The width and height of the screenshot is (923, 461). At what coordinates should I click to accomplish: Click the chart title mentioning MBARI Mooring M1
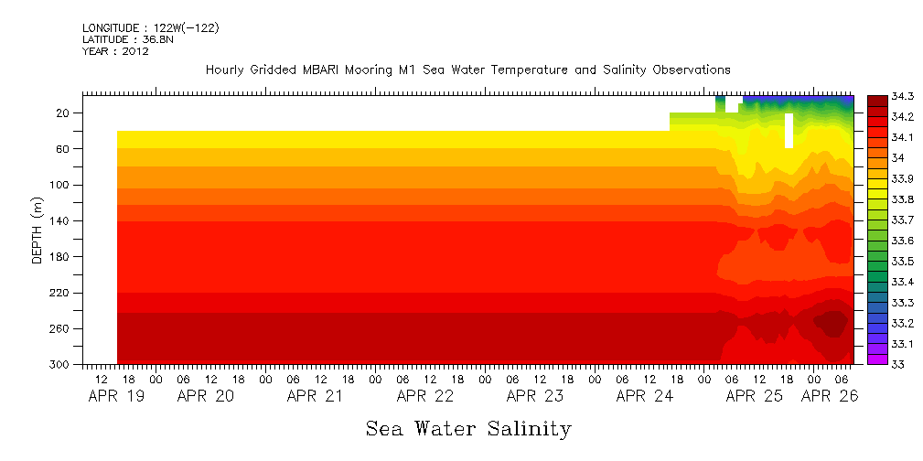(x=467, y=70)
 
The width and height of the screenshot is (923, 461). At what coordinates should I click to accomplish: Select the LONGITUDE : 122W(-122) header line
(x=150, y=28)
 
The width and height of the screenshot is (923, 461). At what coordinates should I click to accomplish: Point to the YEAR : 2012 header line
(x=115, y=51)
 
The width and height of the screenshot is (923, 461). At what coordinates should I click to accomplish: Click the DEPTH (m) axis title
(x=38, y=230)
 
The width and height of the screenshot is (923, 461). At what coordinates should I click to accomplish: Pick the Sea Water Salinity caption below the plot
(x=468, y=428)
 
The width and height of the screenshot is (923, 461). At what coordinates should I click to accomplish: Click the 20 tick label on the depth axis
(x=64, y=113)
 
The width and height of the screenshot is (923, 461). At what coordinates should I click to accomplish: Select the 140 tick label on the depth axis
(x=61, y=221)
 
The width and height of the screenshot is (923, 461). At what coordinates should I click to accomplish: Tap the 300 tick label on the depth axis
(x=61, y=365)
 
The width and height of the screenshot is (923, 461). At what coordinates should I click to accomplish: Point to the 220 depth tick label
(x=61, y=293)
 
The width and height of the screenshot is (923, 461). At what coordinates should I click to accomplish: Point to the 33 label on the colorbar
(x=874, y=364)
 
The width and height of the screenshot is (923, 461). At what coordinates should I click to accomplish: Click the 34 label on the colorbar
(x=874, y=158)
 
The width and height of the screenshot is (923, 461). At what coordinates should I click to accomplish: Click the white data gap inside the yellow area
(x=789, y=130)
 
